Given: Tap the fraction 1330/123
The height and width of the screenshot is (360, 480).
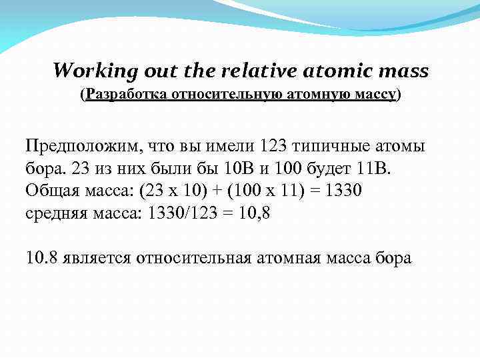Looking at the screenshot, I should click(205, 213).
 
